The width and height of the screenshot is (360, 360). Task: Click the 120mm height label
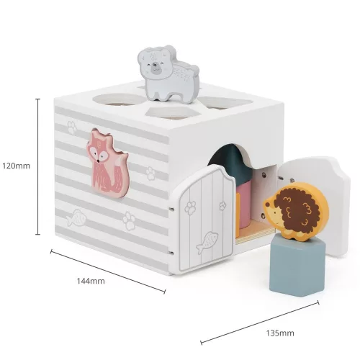[x=17, y=166]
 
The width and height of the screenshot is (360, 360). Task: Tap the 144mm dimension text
[x=91, y=281]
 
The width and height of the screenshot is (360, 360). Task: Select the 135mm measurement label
[x=280, y=333]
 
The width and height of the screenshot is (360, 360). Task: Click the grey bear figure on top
[x=168, y=74]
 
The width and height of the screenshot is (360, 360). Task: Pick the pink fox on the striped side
[x=108, y=163]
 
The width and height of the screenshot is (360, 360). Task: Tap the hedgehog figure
[x=297, y=211]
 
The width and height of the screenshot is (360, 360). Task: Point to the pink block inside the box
[x=243, y=204]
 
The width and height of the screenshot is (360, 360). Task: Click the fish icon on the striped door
[x=207, y=243]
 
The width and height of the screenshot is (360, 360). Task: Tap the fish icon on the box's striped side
[x=76, y=218]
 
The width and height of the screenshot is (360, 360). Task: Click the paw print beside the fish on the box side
[x=129, y=221]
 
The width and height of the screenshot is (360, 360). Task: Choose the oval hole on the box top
[x=120, y=99]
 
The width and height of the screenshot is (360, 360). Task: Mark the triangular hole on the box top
[x=225, y=102]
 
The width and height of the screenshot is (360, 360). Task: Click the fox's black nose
[x=98, y=161]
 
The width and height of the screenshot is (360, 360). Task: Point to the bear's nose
[x=155, y=64]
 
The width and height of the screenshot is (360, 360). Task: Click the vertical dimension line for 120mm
[x=37, y=166]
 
